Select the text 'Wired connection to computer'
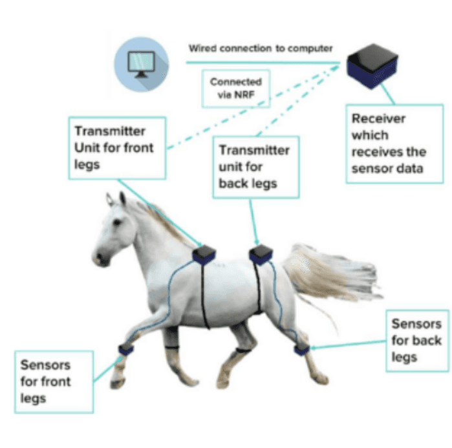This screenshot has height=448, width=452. (x=261, y=48)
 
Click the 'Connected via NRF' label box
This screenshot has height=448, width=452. (x=236, y=88)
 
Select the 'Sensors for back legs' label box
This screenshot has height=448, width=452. (x=416, y=340)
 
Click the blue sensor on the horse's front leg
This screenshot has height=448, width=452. (x=125, y=350)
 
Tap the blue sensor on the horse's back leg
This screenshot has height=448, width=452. (x=301, y=349)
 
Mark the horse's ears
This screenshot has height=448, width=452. (x=116, y=197)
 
